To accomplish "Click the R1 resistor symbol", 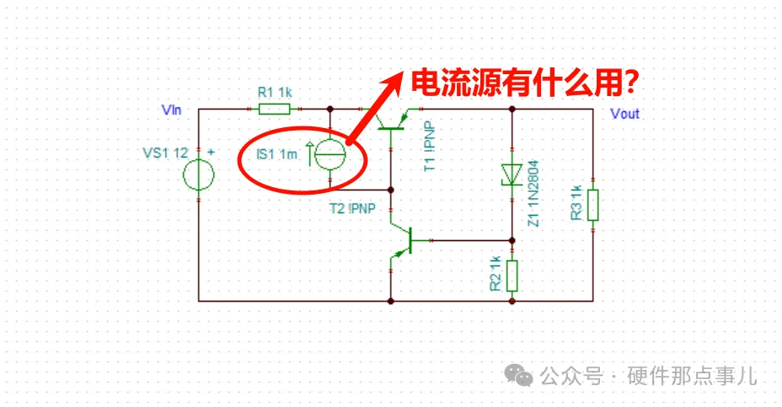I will pyautogui.click(x=274, y=109).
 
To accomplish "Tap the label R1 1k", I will pyautogui.click(x=275, y=93).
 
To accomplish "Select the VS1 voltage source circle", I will pyautogui.click(x=198, y=176).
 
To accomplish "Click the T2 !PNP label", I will pyautogui.click(x=351, y=209).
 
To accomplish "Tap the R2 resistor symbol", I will pyautogui.click(x=512, y=275).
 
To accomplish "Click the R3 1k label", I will pyautogui.click(x=577, y=202).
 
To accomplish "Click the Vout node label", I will pyautogui.click(x=624, y=114).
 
